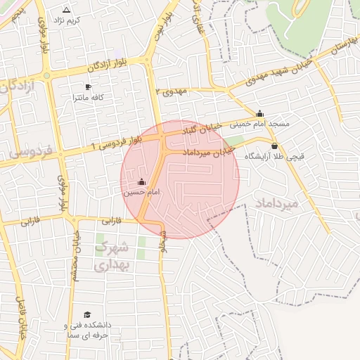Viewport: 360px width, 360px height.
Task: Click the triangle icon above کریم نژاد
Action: pos(67,11)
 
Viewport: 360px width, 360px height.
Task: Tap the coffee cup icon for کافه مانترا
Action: pos(88,87)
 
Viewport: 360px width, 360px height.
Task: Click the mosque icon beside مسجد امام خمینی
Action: pos(260,113)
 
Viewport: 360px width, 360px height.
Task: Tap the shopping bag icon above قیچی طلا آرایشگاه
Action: pos(274,146)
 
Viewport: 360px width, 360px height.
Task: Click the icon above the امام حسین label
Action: pos(142,182)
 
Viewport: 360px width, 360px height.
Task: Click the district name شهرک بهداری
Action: pos(112,256)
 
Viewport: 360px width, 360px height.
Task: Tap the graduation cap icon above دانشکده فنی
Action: pos(87,314)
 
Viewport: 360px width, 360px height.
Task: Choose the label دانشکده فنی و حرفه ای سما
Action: pos(87,331)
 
